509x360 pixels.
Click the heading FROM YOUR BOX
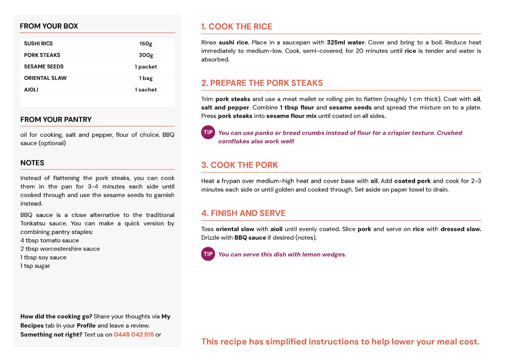point(49,26)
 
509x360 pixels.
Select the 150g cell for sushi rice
point(146,44)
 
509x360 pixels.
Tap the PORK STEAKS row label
point(42,55)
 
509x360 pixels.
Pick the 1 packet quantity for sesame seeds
point(146,67)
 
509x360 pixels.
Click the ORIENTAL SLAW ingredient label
point(45,78)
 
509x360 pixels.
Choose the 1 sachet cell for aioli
point(146,90)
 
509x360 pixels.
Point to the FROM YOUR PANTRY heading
point(56,120)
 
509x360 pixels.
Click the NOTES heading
point(32,163)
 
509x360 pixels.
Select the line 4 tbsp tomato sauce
point(50,240)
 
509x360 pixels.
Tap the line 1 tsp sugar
point(35,266)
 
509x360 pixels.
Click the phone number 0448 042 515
point(134,335)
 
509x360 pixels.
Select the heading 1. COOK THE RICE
point(237,26)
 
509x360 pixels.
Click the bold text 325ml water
point(345,42)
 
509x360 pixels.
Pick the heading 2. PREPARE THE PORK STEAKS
point(262,83)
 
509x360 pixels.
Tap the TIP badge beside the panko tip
point(208,132)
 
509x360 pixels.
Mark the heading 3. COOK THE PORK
point(239,165)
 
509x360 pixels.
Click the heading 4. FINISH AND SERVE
point(243,213)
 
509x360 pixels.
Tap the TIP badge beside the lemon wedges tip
point(208,254)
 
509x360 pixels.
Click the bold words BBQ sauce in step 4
point(250,238)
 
